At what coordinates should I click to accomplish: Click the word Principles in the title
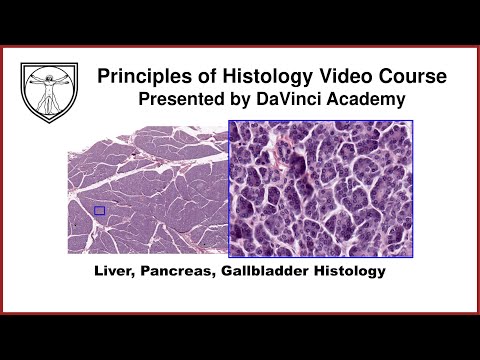(x=140, y=76)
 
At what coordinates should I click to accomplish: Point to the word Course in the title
(x=410, y=76)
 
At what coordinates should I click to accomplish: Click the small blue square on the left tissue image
(x=99, y=210)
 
